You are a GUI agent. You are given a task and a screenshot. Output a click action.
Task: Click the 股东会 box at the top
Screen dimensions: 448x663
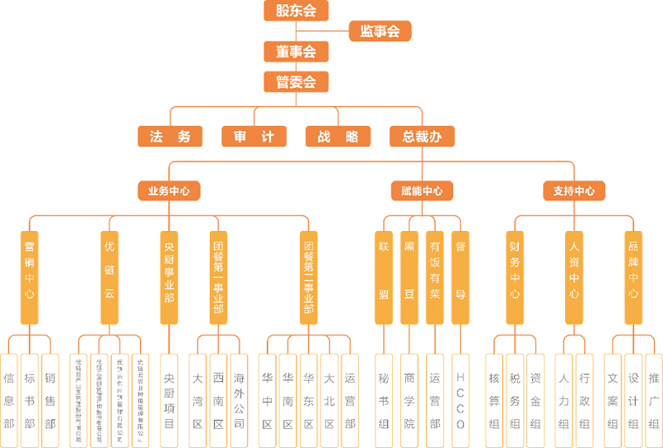(x=296, y=11)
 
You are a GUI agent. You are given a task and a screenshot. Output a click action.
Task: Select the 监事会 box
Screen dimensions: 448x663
(x=380, y=31)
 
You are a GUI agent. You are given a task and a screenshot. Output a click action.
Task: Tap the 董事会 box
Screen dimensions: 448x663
(x=296, y=52)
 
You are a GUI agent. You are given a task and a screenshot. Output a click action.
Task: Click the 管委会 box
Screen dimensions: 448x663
(x=296, y=82)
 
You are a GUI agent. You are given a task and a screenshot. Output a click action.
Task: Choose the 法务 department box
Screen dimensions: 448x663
(x=170, y=137)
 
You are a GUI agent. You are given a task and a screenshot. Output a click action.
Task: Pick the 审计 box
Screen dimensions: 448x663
(x=254, y=137)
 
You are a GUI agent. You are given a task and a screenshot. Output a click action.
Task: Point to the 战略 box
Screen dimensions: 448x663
(x=337, y=137)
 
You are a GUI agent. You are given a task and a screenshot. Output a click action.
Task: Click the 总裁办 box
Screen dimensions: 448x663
(x=422, y=137)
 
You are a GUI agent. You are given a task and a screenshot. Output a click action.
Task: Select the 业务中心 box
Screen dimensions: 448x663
(x=169, y=190)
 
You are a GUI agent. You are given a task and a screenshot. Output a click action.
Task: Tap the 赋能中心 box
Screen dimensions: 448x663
(x=422, y=190)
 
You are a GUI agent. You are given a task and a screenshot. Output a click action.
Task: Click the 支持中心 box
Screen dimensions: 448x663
(x=574, y=190)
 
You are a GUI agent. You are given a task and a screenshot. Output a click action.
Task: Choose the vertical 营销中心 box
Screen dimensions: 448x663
(x=30, y=277)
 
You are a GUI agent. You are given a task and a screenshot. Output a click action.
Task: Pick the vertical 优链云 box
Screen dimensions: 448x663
(x=110, y=277)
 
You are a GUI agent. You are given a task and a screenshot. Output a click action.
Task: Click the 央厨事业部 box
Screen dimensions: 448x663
(x=169, y=277)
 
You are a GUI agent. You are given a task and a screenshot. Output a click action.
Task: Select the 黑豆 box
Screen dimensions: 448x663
(x=409, y=277)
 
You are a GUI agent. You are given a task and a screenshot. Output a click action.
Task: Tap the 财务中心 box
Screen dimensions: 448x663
(x=515, y=277)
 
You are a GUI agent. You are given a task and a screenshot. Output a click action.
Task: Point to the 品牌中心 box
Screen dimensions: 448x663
(x=633, y=277)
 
